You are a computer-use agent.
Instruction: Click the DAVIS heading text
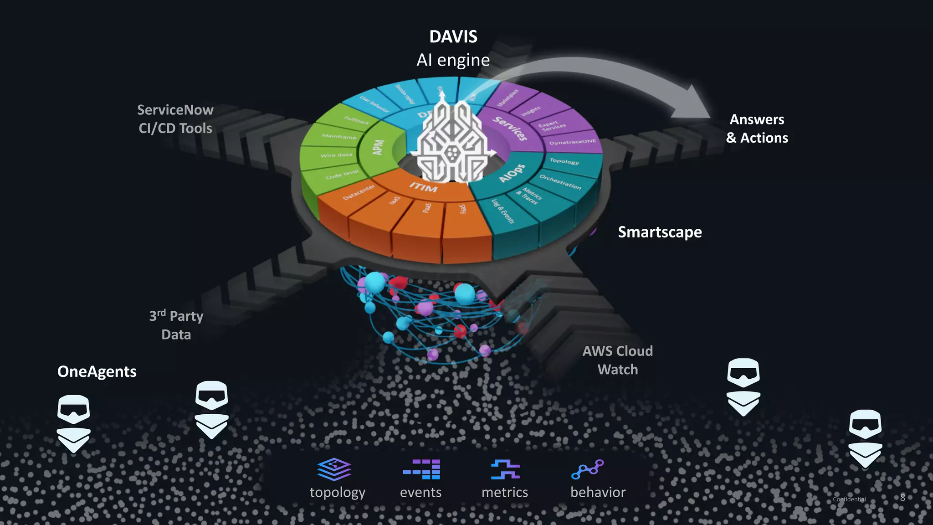point(453,37)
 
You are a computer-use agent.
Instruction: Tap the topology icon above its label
point(334,469)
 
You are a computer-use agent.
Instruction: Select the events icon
point(421,469)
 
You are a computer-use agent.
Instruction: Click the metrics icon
point(505,469)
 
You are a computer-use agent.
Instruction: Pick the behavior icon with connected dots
point(588,469)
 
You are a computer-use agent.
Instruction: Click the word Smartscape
point(660,232)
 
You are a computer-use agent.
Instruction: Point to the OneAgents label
point(97,371)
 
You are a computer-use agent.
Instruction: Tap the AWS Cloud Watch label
point(617,360)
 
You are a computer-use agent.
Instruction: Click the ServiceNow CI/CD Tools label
point(175,119)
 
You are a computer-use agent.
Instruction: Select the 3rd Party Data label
point(176,325)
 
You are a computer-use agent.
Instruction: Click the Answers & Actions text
point(757,129)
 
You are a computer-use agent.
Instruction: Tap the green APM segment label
point(379,148)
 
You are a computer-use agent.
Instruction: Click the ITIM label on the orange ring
point(423,187)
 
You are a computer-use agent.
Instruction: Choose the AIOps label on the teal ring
point(512,173)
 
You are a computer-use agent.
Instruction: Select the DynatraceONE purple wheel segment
point(573,142)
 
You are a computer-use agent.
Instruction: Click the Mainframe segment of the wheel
point(339,136)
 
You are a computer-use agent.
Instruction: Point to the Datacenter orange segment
point(359,192)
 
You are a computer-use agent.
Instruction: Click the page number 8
point(902,498)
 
